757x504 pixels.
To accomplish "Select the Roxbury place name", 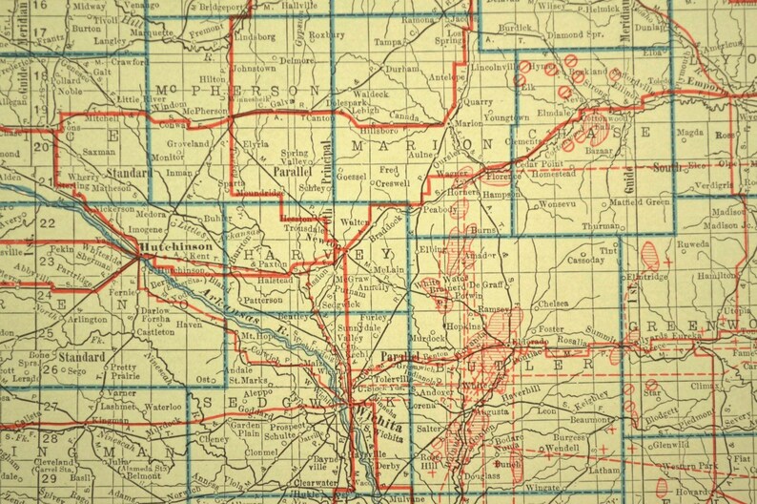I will click(326, 34).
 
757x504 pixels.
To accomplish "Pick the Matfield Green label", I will click(641, 202).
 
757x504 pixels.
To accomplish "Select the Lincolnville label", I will click(491, 69).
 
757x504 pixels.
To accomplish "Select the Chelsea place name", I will click(554, 304).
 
